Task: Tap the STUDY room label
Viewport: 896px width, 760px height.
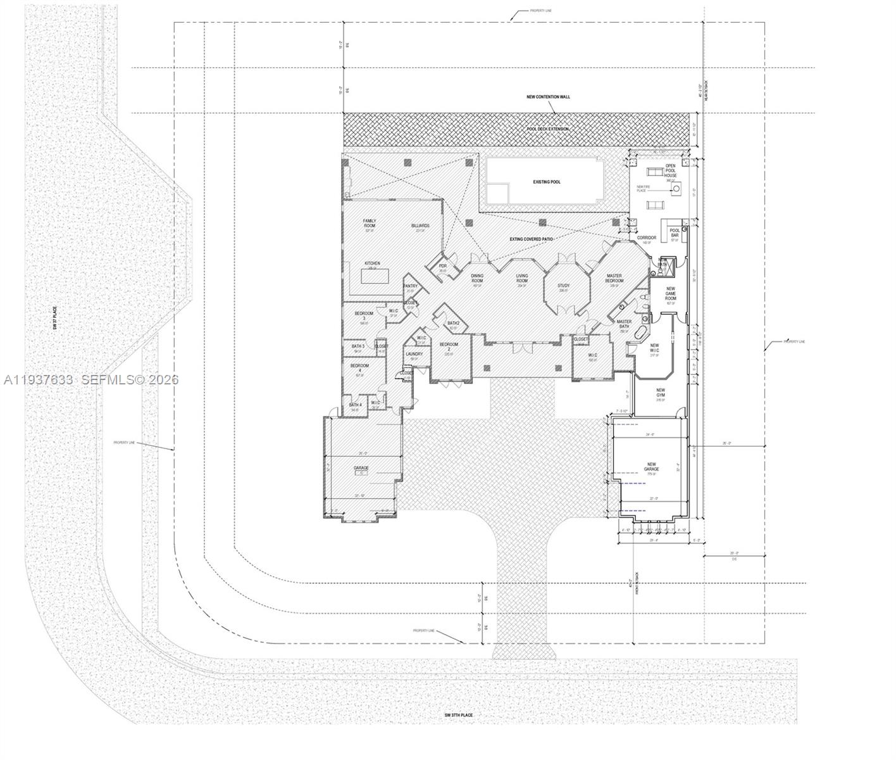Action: coord(563,286)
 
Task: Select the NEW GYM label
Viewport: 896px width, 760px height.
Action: coord(660,393)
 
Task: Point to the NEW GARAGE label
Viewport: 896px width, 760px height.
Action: coord(651,467)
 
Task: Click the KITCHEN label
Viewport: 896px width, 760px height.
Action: coord(372,263)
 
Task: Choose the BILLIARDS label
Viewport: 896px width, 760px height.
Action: coord(420,225)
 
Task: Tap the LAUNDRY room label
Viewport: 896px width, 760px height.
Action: coord(414,354)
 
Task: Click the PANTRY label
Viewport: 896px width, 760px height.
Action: coord(410,286)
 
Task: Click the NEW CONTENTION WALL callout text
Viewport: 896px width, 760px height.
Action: coord(548,97)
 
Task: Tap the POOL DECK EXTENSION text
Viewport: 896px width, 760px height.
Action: coord(548,129)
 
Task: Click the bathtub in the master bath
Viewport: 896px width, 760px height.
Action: coord(642,334)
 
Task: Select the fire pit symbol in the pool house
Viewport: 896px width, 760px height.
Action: coord(676,188)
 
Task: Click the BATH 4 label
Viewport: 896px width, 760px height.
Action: coord(355,405)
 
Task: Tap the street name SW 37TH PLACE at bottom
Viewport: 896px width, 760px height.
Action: coord(458,715)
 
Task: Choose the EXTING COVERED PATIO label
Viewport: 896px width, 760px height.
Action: coord(532,239)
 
